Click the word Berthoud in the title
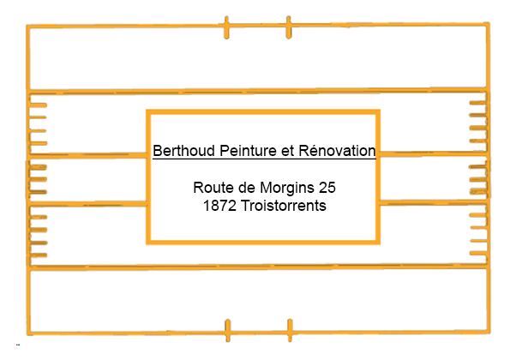(183, 151)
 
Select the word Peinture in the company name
(248, 151)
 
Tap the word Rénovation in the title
(337, 150)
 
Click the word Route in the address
(213, 188)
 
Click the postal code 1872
(219, 206)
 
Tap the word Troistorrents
(284, 206)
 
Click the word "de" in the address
(247, 188)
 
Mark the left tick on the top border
(226, 27)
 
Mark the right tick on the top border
(289, 27)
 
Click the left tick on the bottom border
(228, 330)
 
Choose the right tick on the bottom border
(290, 330)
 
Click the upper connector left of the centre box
(87, 155)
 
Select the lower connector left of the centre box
(87, 204)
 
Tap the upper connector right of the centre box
(434, 153)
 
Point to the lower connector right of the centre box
(434, 202)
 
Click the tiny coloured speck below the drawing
(18, 345)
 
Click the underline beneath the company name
(264, 159)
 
